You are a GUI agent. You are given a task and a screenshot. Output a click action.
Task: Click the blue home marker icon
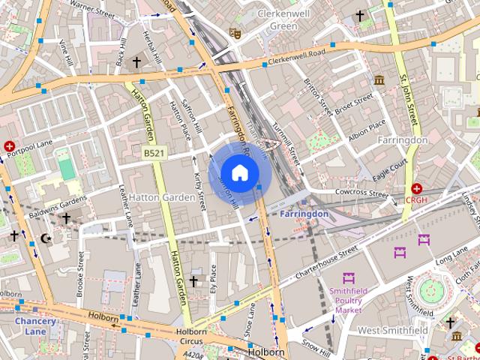[239, 172]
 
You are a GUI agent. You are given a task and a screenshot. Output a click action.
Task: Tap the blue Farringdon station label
[303, 214]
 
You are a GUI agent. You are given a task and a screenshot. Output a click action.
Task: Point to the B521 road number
[154, 154]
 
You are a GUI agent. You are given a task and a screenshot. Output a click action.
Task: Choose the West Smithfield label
[392, 330]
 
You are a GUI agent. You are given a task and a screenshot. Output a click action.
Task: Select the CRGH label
[416, 200]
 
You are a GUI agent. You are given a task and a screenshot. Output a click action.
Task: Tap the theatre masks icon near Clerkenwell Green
[235, 33]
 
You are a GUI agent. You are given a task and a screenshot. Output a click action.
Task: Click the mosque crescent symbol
[46, 238]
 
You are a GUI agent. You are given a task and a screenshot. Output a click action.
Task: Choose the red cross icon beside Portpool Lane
[9, 146]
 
